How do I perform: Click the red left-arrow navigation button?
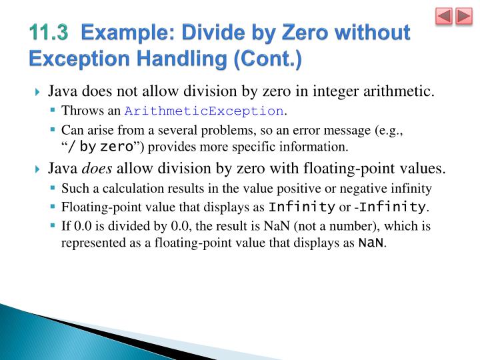[x=445, y=17]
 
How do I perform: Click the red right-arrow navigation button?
[x=463, y=17]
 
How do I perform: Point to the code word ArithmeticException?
[x=203, y=111]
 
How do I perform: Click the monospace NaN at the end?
[x=371, y=243]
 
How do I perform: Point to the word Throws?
[x=79, y=111]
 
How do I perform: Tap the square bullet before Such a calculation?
[x=52, y=189]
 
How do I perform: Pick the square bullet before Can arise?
[x=52, y=130]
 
